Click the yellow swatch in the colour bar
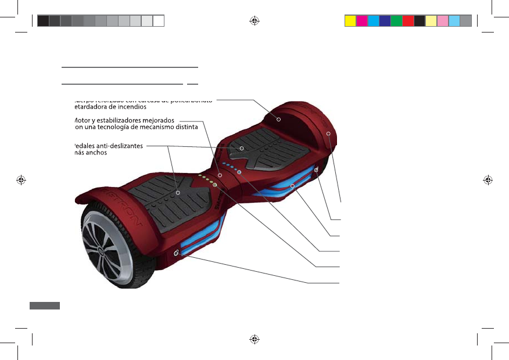[350, 21]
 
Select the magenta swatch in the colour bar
[361, 21]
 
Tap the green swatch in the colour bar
[396, 21]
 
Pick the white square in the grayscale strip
[159, 21]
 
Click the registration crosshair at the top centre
[254, 21]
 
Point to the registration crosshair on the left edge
[21, 179]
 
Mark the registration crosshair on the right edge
[488, 179]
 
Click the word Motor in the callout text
[85, 120]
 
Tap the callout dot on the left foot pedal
[178, 192]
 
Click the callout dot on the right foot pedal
[242, 148]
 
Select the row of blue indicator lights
[231, 168]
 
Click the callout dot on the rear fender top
[278, 119]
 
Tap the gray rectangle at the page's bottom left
[44, 305]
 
